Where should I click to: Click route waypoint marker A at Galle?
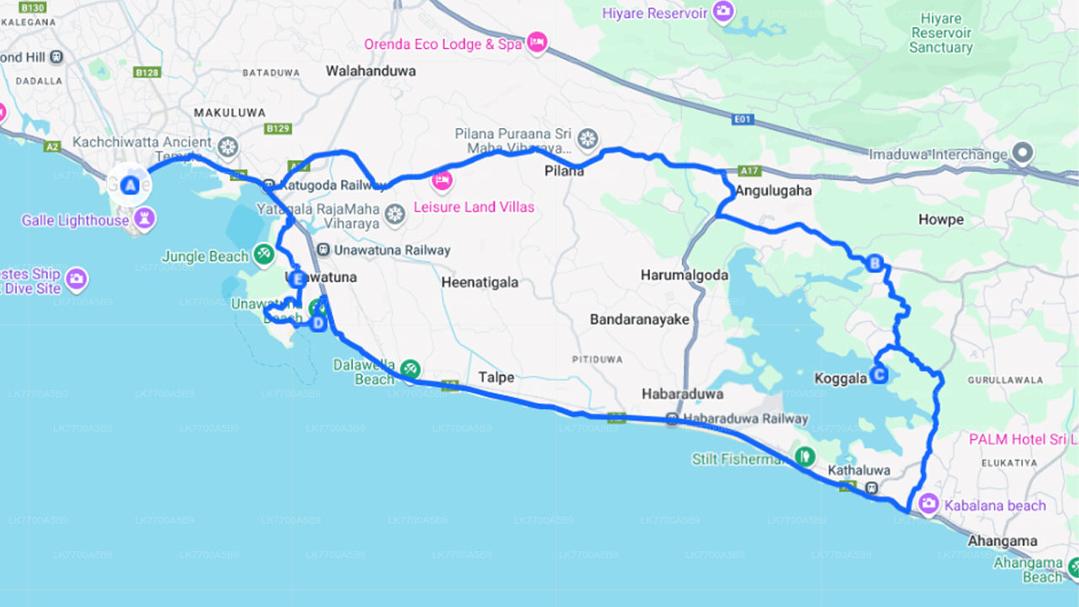[x=130, y=185]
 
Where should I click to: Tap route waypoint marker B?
[x=874, y=265]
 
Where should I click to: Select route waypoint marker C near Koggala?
[x=878, y=375]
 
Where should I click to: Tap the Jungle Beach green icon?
[x=263, y=253]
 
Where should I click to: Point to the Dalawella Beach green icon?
[x=411, y=368]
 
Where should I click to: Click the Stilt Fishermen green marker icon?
[x=805, y=457]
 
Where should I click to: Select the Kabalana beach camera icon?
[x=928, y=504]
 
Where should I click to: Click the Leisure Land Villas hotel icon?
[x=442, y=180]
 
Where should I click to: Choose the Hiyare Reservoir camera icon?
[x=722, y=12]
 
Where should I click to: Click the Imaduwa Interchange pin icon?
[x=1023, y=153]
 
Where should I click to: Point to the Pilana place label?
[x=564, y=171]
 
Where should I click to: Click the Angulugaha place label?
[x=773, y=191]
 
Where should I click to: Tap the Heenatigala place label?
[x=480, y=282]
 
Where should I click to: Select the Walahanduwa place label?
[x=371, y=71]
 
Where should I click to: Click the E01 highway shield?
[x=743, y=120]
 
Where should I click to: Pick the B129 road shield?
[x=277, y=128]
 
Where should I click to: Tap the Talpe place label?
[x=496, y=377]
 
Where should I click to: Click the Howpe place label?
[x=940, y=219]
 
